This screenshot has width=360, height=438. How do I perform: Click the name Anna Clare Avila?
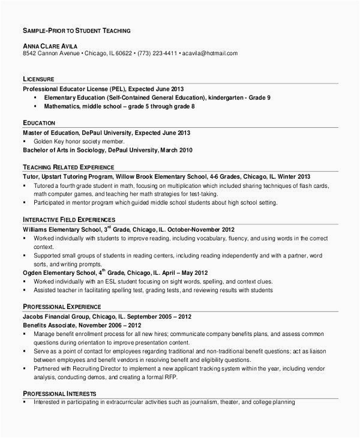[x=49, y=45]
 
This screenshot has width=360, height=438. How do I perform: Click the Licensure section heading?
[x=39, y=79]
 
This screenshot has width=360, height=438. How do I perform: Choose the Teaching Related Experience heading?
[x=68, y=166]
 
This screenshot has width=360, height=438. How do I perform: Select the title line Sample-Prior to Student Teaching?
[x=77, y=29]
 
